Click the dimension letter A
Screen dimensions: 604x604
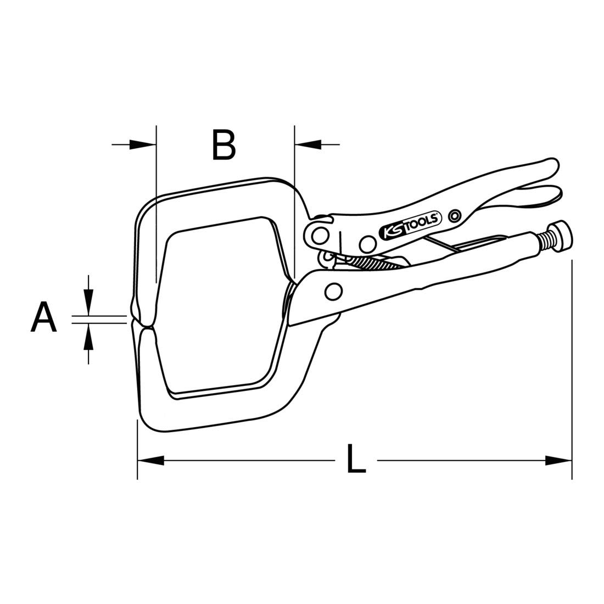[44, 317]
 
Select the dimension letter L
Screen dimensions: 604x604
[356, 459]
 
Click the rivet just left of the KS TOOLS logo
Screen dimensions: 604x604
[368, 242]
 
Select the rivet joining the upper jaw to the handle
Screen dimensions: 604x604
[319, 236]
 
